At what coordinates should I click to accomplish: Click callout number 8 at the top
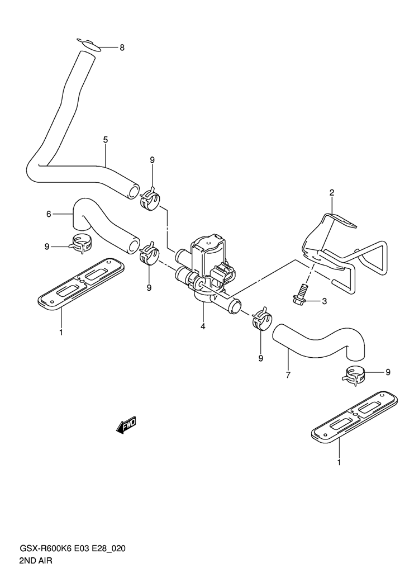pyautogui.click(x=122, y=48)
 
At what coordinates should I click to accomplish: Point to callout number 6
pyautogui.click(x=49, y=214)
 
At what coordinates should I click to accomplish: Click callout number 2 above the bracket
pyautogui.click(x=331, y=193)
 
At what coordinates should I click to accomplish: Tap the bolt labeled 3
pyautogui.click(x=301, y=293)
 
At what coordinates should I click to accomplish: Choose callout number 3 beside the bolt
pyautogui.click(x=323, y=302)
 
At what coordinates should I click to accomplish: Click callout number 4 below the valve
pyautogui.click(x=203, y=326)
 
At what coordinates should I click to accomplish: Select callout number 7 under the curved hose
pyautogui.click(x=288, y=375)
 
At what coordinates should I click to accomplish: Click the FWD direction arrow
pyautogui.click(x=126, y=425)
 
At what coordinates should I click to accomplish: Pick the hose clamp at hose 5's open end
pyautogui.click(x=150, y=200)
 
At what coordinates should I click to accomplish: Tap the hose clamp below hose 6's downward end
pyautogui.click(x=80, y=243)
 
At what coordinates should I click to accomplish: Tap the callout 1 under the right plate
pyautogui.click(x=339, y=462)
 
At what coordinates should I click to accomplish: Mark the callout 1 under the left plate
pyautogui.click(x=61, y=332)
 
